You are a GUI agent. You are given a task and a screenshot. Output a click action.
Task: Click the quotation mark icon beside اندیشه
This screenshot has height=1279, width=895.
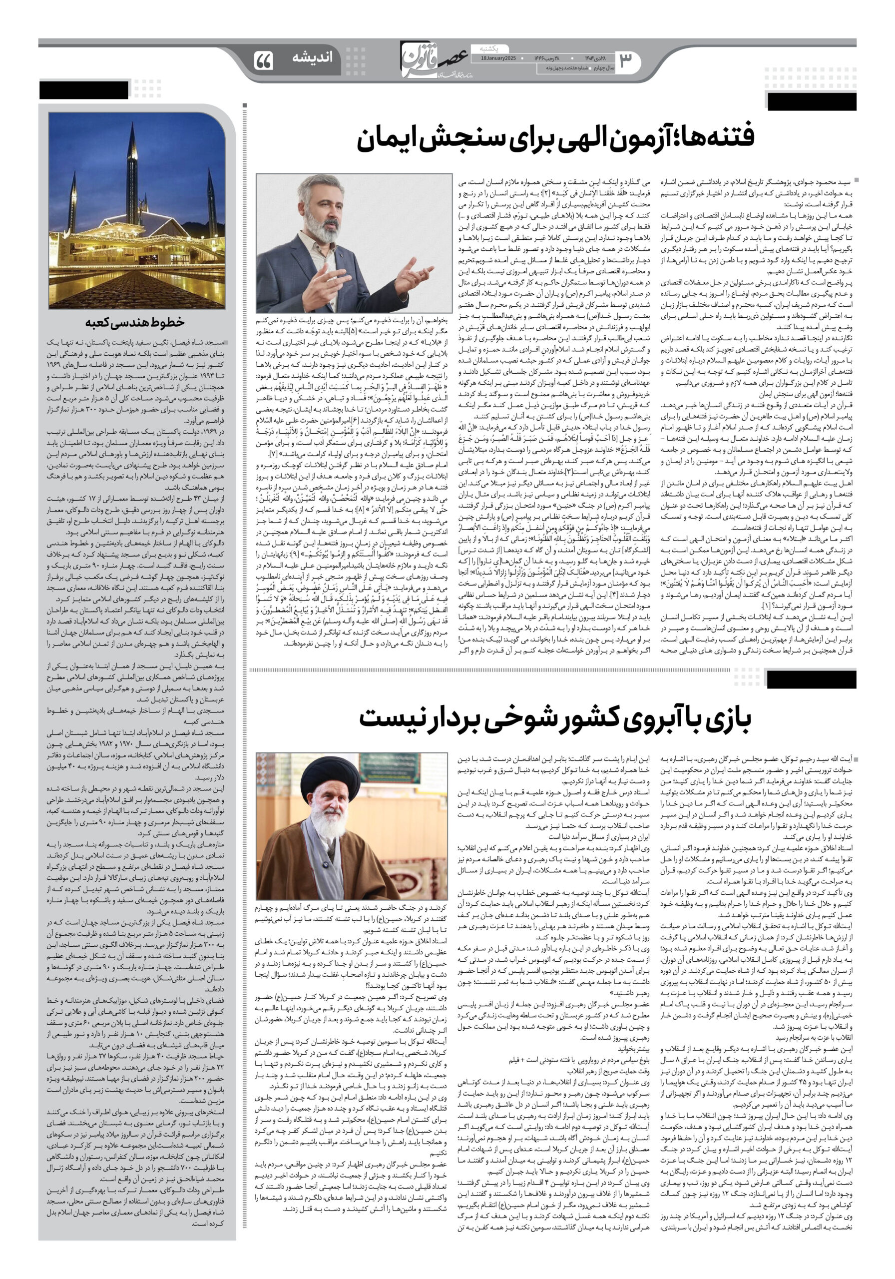263,60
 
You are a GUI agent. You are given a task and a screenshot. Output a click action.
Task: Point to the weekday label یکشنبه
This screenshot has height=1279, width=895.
488,48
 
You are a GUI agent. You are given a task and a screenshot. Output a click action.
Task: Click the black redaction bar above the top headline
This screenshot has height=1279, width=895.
811,102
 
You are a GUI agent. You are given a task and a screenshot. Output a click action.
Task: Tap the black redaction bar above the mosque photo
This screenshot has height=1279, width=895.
83,90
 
